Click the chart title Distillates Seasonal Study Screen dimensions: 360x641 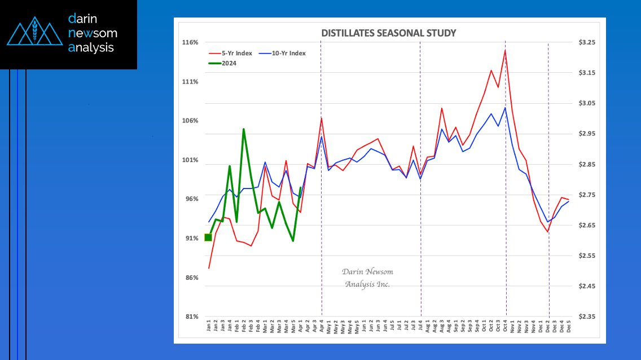click(x=388, y=33)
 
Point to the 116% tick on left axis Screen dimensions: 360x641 click(x=190, y=43)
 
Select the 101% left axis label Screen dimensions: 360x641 click(x=190, y=160)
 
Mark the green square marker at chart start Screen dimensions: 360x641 click(x=208, y=238)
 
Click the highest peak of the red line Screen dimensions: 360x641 click(x=505, y=50)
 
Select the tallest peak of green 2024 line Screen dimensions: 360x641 click(x=244, y=129)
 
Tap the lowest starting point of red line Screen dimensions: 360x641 click(x=209, y=268)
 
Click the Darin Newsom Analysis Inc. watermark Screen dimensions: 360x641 click(x=367, y=278)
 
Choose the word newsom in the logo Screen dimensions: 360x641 click(x=93, y=33)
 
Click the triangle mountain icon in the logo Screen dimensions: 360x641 click(x=34, y=34)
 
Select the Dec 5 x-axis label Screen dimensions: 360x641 click(x=568, y=327)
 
